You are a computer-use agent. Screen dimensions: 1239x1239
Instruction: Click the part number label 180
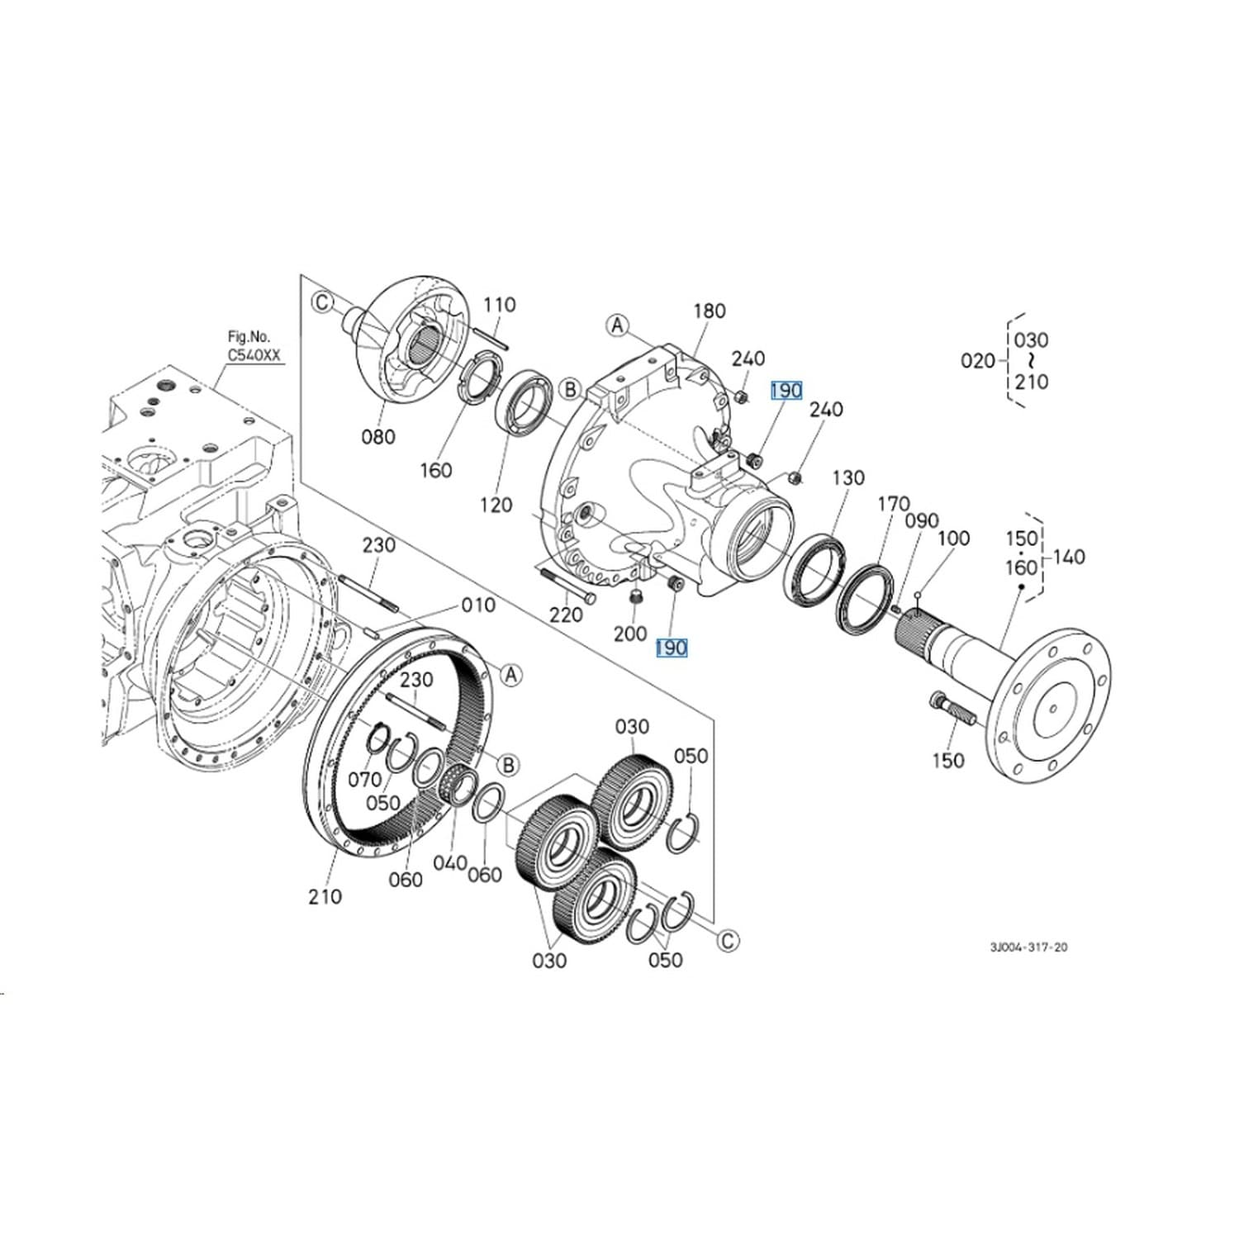[709, 311]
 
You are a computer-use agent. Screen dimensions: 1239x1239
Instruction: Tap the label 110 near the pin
[500, 305]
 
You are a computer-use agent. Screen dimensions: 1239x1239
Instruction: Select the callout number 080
[378, 436]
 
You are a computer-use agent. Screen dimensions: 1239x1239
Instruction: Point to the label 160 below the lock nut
[435, 470]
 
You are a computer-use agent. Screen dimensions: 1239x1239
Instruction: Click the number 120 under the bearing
[496, 505]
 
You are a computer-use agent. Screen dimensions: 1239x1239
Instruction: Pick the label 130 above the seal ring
[847, 477]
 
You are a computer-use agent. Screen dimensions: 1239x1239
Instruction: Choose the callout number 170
[893, 503]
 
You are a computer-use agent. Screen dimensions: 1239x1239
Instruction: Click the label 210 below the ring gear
[325, 896]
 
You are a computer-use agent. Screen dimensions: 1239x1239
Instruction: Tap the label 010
[478, 605]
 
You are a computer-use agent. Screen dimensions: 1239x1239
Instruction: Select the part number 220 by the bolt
[566, 615]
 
